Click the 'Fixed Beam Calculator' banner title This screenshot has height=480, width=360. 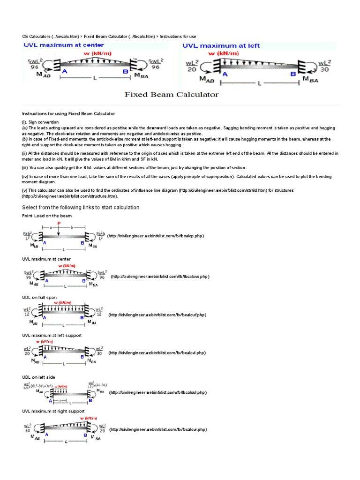pos(172,95)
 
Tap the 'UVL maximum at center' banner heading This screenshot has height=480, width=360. pos(64,45)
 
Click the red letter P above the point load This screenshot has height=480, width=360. pos(59,223)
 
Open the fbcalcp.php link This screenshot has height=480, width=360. pos(156,236)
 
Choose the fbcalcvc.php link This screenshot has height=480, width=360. pos(160,277)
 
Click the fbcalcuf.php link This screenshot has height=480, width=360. pos(157,315)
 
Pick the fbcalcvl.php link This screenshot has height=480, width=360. pos(157,353)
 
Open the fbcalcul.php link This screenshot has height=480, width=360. pos(158,392)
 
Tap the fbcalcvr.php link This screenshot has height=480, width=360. pos(158,429)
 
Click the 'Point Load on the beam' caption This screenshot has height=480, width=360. pos(47,216)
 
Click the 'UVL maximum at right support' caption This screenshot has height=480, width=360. pos(53,411)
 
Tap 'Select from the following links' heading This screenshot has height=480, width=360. pos(81,207)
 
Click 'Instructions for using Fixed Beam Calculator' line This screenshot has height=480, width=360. pos(68,113)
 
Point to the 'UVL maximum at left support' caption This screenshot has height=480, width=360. pos(52,336)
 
